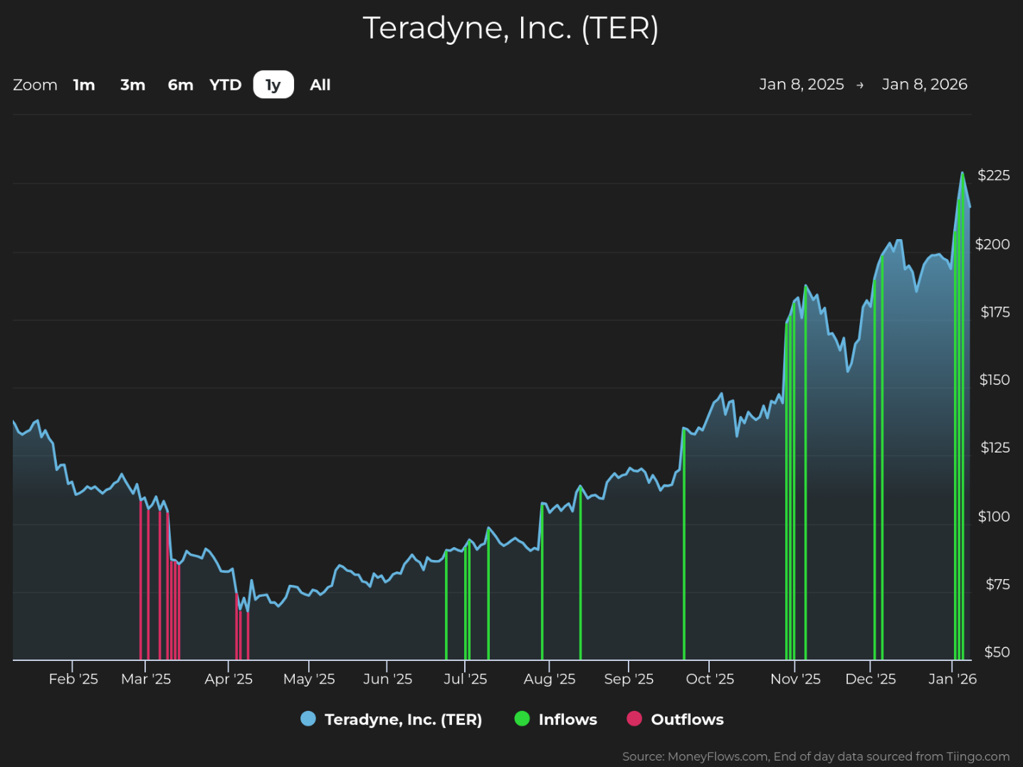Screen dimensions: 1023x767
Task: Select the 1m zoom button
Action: click(x=84, y=85)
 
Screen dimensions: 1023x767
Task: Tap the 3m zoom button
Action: click(x=133, y=85)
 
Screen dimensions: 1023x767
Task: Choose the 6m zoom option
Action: click(x=180, y=85)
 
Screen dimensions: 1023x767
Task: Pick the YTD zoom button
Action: click(x=226, y=85)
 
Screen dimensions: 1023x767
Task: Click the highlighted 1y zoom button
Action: click(x=273, y=84)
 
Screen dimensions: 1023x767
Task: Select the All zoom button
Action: click(x=320, y=85)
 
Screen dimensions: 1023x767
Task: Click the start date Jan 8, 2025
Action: click(x=802, y=84)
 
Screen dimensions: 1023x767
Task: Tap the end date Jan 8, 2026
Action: click(x=925, y=84)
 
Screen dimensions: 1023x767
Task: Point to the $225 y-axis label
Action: click(x=994, y=176)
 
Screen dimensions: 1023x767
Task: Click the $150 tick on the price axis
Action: click(x=995, y=380)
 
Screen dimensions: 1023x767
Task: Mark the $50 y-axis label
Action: click(x=997, y=652)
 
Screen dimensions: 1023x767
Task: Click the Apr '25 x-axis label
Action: click(x=229, y=679)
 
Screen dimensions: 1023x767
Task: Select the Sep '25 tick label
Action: click(x=629, y=679)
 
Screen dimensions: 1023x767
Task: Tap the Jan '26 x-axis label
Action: click(x=952, y=679)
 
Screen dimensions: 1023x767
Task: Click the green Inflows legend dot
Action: click(x=522, y=719)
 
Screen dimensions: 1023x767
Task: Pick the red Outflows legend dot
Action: click(x=634, y=719)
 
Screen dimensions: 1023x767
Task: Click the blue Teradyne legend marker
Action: click(x=308, y=719)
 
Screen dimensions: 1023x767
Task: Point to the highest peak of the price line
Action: click(x=962, y=173)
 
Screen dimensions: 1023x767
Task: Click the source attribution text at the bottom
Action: click(x=816, y=756)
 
